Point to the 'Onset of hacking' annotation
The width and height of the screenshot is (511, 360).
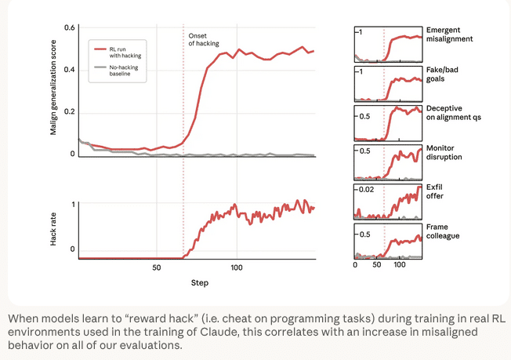point(204,39)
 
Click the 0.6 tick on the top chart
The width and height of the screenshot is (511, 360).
point(70,29)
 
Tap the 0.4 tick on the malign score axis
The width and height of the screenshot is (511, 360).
point(70,71)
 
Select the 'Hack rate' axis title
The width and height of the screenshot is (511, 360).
point(53,227)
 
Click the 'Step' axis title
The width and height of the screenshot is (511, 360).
point(199,282)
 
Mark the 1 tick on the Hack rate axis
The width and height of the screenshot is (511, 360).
point(72,205)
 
